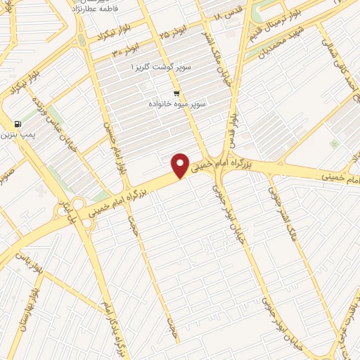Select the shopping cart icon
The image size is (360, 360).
pyautogui.click(x=176, y=93)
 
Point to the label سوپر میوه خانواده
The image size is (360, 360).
pyautogui.click(x=177, y=103)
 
